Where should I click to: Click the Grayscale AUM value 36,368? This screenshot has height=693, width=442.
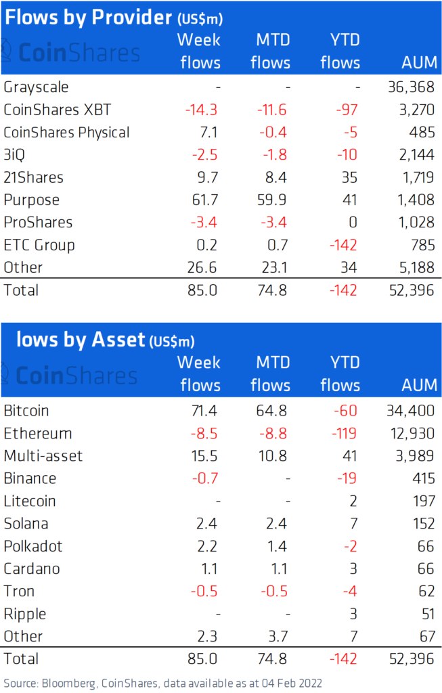point(412,87)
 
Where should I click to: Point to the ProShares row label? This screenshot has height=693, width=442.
point(38,223)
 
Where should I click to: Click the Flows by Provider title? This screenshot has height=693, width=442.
point(88,17)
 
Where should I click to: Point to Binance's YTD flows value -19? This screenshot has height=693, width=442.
point(347,478)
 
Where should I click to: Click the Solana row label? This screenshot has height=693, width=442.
point(26,523)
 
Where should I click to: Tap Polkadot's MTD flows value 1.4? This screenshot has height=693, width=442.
point(278,546)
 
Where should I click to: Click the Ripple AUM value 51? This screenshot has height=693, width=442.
point(427,614)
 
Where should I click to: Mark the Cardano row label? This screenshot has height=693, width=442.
point(31,568)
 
